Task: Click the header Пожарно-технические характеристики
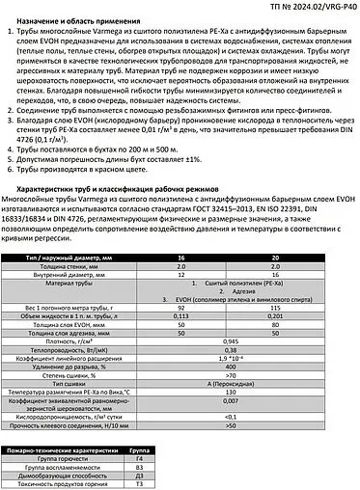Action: click(62, 449)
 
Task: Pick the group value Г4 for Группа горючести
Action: click(139, 458)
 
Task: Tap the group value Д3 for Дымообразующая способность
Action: click(139, 476)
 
